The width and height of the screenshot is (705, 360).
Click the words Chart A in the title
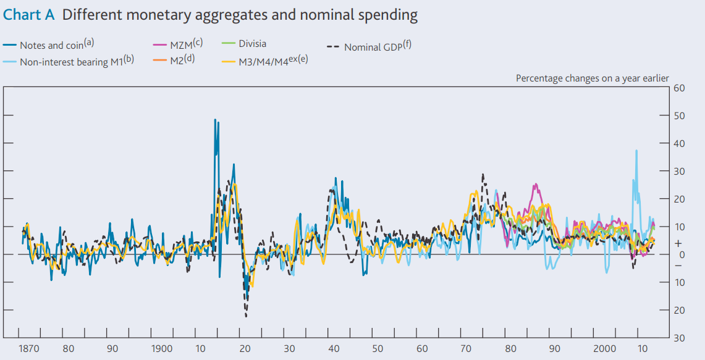pyautogui.click(x=28, y=15)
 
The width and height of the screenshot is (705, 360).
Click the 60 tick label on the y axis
pyautogui.click(x=679, y=88)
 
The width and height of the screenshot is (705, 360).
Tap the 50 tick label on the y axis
pyautogui.click(x=679, y=115)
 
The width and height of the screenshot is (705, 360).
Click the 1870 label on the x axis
pyautogui.click(x=28, y=349)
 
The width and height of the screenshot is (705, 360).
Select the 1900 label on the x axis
pyautogui.click(x=162, y=349)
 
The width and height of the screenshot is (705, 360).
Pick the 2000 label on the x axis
pyautogui.click(x=605, y=349)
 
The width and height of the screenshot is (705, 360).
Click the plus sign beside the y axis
pyautogui.click(x=678, y=243)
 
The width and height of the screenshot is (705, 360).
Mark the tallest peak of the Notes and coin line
pyautogui.click(x=215, y=120)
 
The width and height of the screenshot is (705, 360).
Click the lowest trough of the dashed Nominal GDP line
pyautogui.click(x=246, y=317)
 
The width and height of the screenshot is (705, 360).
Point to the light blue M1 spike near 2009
pyautogui.click(x=636, y=151)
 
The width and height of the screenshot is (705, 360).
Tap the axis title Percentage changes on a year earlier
pyautogui.click(x=592, y=78)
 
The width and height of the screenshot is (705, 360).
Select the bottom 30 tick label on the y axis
pyautogui.click(x=679, y=338)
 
